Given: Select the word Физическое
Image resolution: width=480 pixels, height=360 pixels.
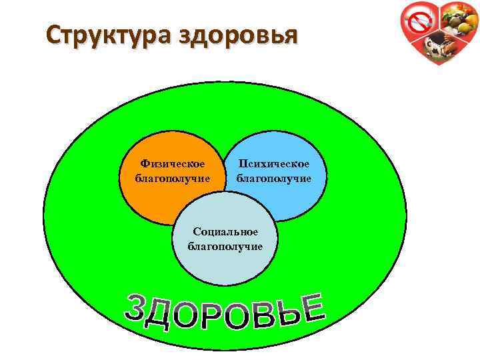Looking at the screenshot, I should [x=173, y=164].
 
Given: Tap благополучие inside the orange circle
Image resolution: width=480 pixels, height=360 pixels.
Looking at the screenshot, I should [x=173, y=179].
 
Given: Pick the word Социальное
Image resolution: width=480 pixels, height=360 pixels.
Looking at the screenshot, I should [x=225, y=232].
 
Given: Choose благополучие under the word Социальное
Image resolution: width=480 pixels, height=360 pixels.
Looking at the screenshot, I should [x=225, y=246].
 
